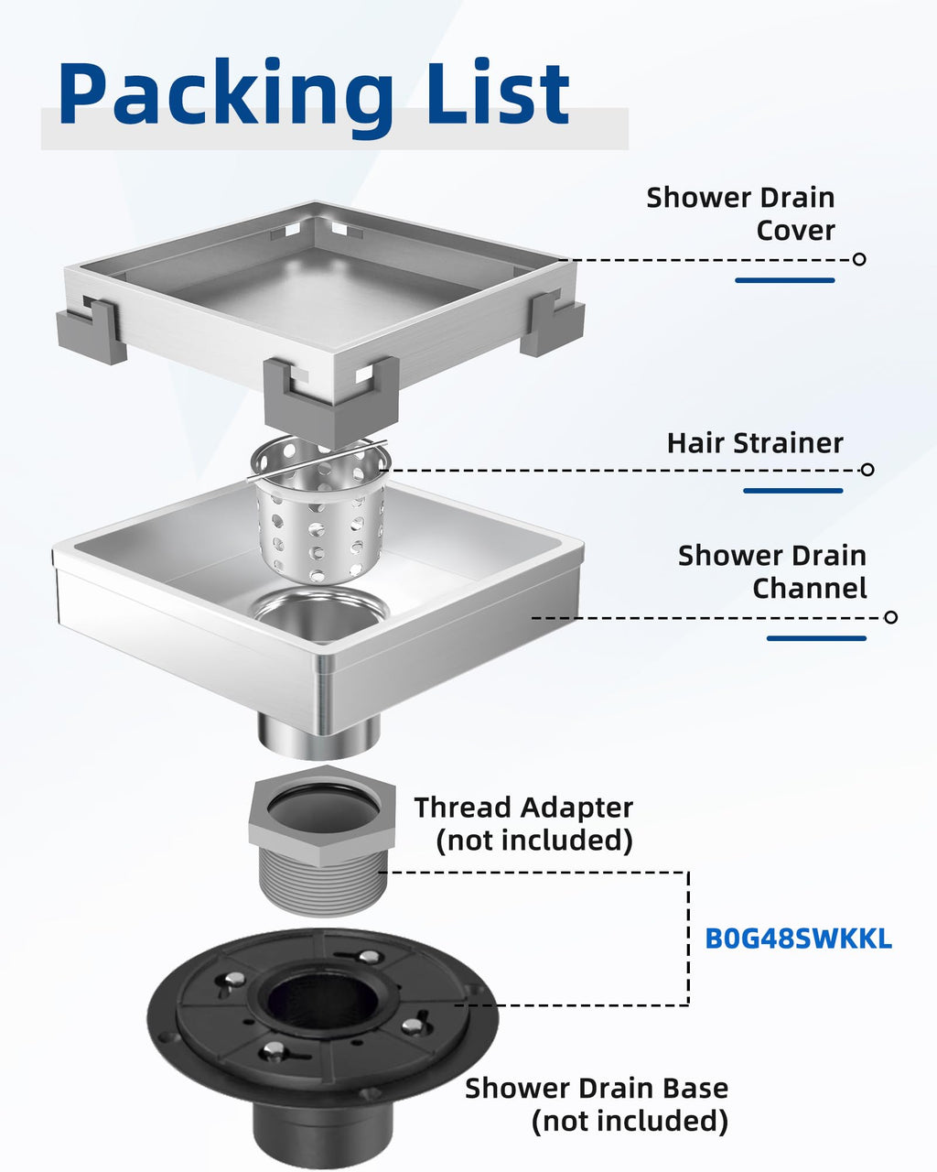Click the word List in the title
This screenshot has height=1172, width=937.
click(x=498, y=93)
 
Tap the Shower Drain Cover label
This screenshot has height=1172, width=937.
click(x=740, y=214)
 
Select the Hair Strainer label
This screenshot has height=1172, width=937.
click(x=755, y=443)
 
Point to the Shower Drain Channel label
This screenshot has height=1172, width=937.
click(x=772, y=572)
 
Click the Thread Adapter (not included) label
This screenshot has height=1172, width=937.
click(x=523, y=823)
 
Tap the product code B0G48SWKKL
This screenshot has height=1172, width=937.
click(x=798, y=939)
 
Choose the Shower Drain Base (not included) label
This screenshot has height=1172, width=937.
click(x=597, y=1104)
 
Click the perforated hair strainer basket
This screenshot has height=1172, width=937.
click(x=320, y=511)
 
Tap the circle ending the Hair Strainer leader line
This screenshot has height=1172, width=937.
click(x=867, y=470)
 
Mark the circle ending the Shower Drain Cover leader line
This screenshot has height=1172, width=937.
click(x=859, y=259)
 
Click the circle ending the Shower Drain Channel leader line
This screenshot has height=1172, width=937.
click(x=890, y=617)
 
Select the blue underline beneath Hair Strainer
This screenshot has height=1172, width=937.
click(x=793, y=491)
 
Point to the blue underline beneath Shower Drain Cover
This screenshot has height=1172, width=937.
click(x=785, y=280)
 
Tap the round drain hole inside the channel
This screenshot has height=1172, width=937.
click(x=321, y=614)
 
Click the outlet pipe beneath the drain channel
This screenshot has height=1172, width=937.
click(x=319, y=736)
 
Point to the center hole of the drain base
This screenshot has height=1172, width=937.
click(x=322, y=999)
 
